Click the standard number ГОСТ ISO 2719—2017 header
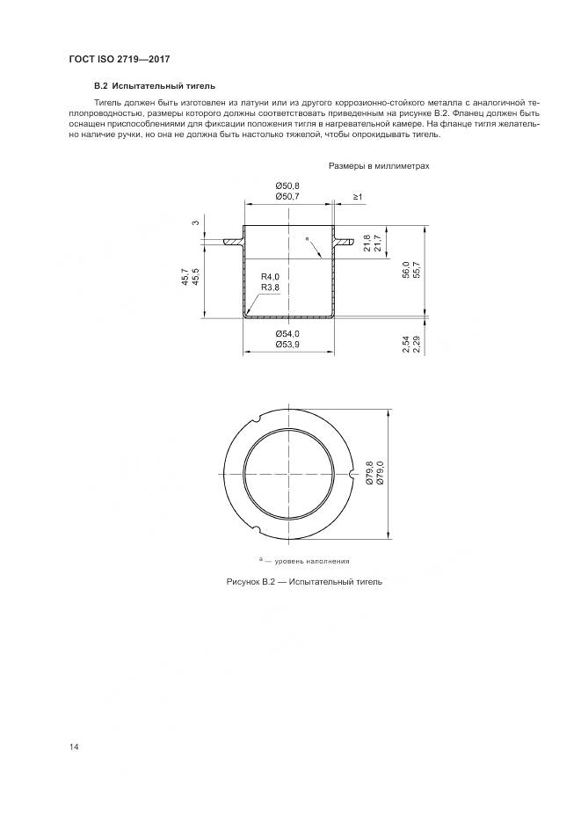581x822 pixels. point(119,60)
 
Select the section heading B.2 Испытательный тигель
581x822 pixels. point(155,86)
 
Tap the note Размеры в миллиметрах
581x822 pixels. point(379,165)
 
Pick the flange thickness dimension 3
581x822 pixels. point(195,222)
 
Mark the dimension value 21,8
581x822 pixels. point(367,244)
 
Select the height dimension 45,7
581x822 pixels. point(185,278)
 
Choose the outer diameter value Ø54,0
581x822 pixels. point(287,333)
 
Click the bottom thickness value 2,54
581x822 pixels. point(405,344)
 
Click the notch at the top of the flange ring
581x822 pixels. point(254,417)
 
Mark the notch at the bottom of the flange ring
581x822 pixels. point(254,530)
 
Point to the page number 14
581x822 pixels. point(75,746)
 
